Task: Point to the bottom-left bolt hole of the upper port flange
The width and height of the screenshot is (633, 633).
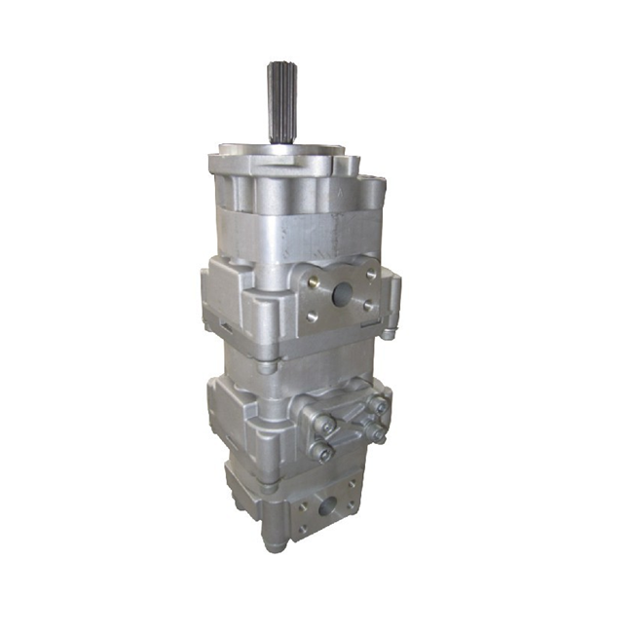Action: click(311, 316)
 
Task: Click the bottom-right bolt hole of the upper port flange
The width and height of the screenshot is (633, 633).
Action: click(369, 305)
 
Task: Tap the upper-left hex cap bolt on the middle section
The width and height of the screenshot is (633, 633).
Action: click(323, 424)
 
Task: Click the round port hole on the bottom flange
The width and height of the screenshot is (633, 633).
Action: click(326, 506)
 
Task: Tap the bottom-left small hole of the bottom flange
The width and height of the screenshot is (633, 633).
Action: click(302, 528)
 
